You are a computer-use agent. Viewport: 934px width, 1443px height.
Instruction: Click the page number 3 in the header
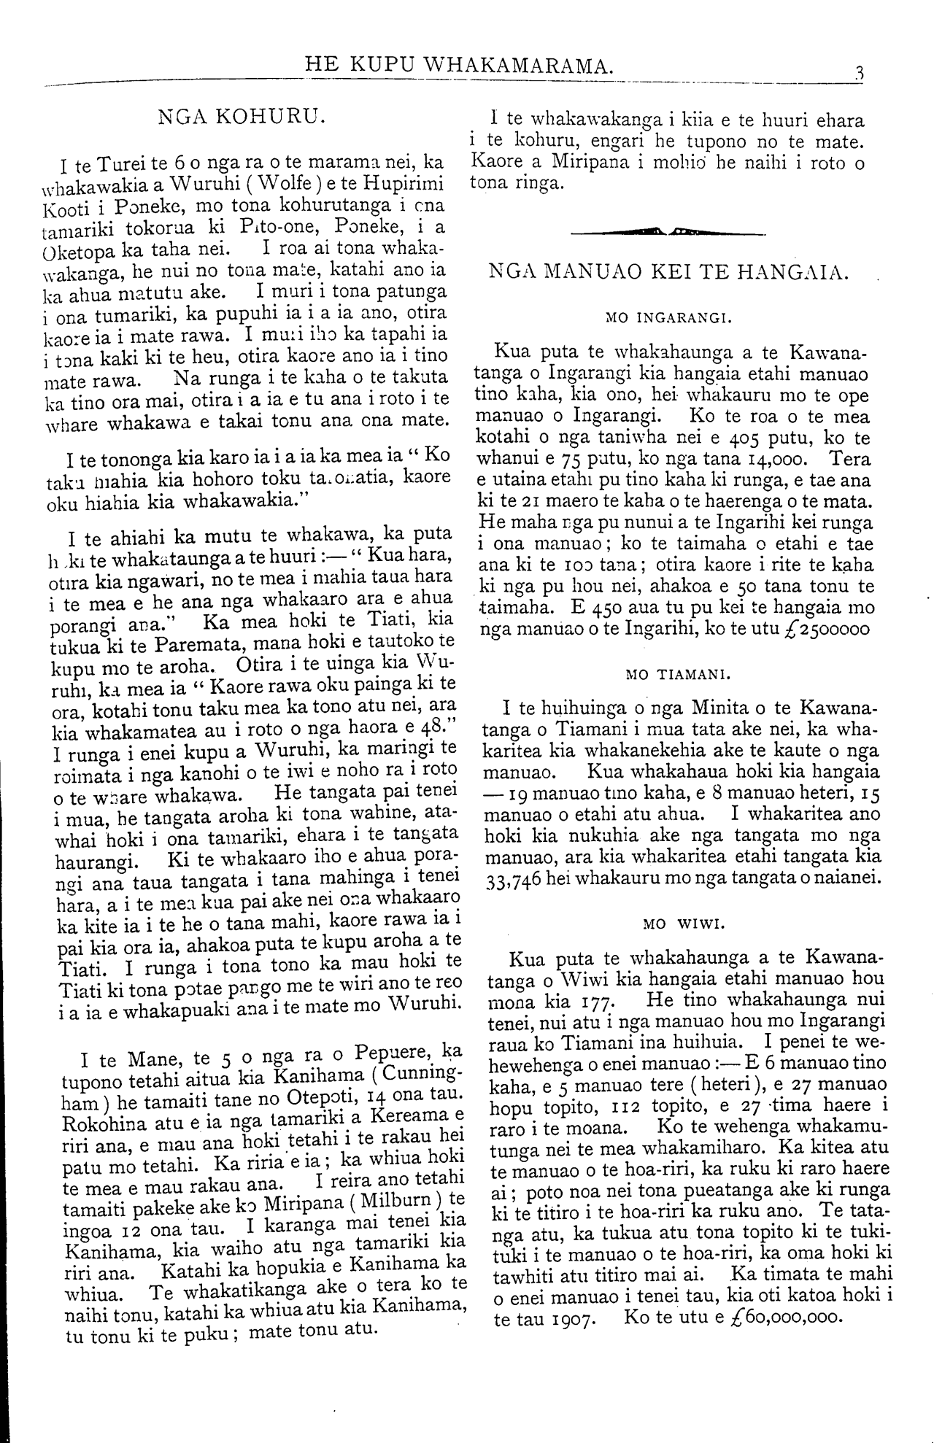click(x=860, y=72)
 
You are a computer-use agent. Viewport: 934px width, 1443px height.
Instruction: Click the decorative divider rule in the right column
click(x=668, y=233)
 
